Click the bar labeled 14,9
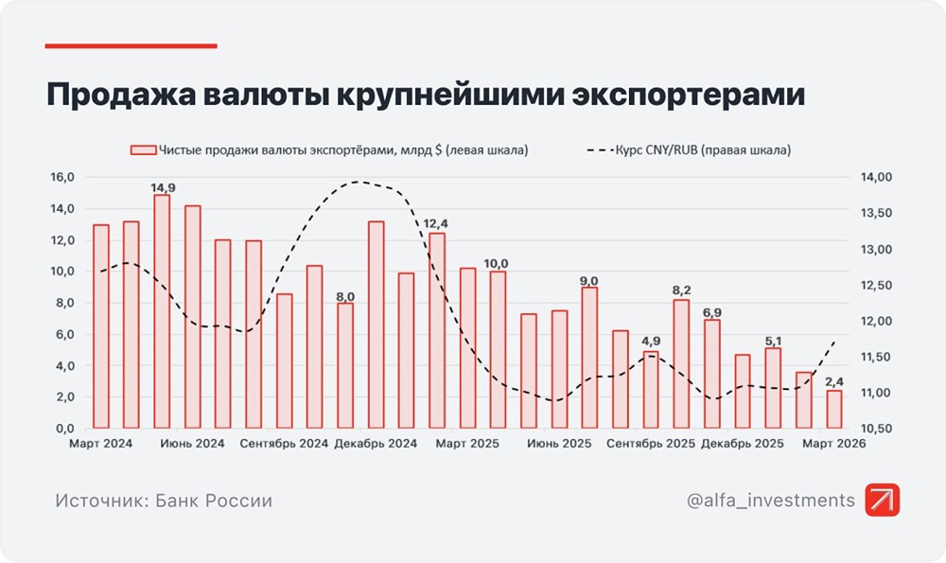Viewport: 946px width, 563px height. [x=162, y=311]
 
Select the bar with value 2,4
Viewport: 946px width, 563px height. [x=834, y=409]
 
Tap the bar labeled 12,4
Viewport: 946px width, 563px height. [x=437, y=330]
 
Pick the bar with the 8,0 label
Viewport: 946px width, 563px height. [x=345, y=365]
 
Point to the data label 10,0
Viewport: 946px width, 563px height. [x=497, y=263]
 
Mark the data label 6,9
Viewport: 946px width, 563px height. [x=712, y=311]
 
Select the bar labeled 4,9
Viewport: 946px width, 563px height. [x=651, y=390]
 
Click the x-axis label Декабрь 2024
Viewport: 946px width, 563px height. [x=377, y=443]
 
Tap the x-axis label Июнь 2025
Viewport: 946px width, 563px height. [x=559, y=443]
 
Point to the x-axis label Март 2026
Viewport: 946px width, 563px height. [x=832, y=443]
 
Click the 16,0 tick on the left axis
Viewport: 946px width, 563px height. [x=61, y=177]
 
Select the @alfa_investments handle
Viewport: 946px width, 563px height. [x=771, y=500]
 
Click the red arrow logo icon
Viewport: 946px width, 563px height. [x=883, y=500]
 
